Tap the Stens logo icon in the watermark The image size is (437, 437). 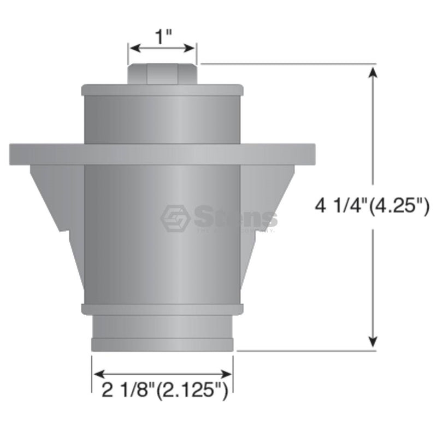[175, 218]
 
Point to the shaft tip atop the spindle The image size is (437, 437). [162, 74]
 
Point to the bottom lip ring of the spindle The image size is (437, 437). [162, 345]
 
